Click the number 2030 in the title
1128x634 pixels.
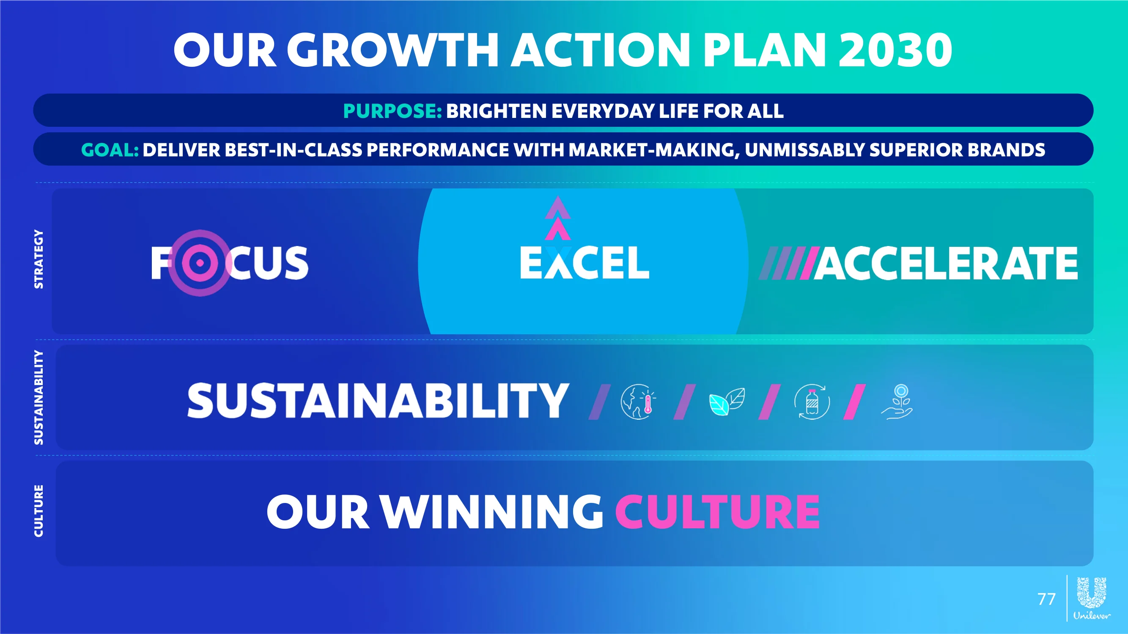click(x=895, y=50)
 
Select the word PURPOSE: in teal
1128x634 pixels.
click(x=392, y=111)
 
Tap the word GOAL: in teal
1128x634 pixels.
click(x=110, y=150)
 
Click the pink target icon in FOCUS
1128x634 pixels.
click(x=200, y=262)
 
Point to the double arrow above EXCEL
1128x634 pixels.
click(x=557, y=218)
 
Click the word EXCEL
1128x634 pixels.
click(x=584, y=262)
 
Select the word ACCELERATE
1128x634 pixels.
click(x=946, y=263)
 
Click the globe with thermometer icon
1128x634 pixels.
click(x=638, y=402)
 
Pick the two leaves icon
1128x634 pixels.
click(x=727, y=402)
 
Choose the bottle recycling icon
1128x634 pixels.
click(x=812, y=402)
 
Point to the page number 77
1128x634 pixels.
click(x=1046, y=599)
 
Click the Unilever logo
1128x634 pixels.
click(x=1092, y=598)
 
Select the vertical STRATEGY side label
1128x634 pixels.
click(x=39, y=259)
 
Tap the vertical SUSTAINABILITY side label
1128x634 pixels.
click(x=39, y=397)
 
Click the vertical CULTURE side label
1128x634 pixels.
click(x=39, y=511)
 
